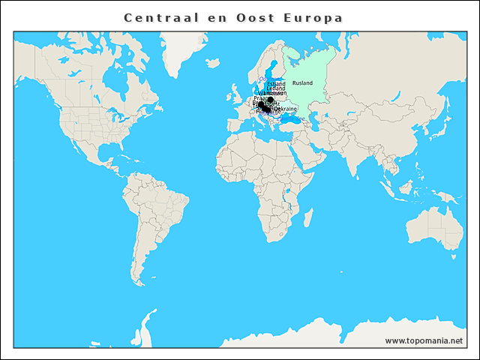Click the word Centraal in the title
[158, 17]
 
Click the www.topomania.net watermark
[424, 340]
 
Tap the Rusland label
[302, 82]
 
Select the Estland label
[276, 84]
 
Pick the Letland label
[275, 88]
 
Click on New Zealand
[466, 259]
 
